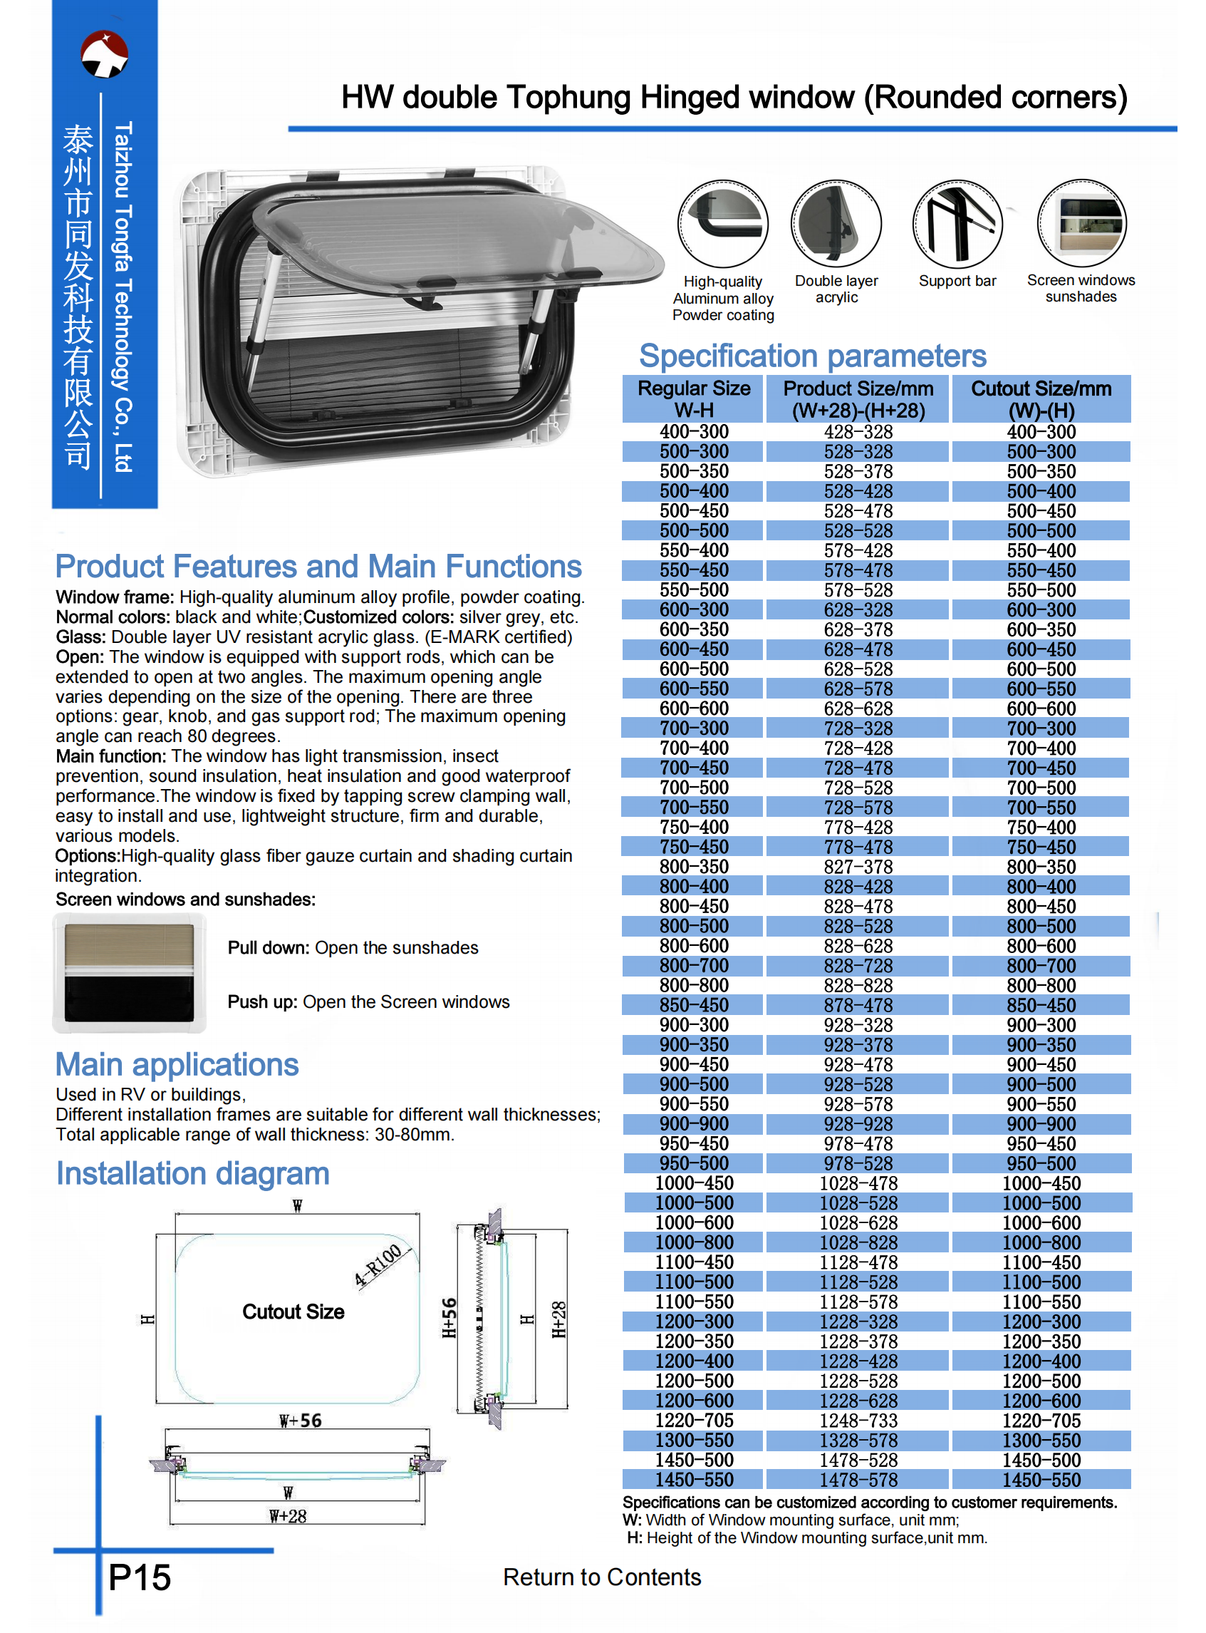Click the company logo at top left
pyautogui.click(x=105, y=54)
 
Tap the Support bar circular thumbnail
pyautogui.click(x=957, y=224)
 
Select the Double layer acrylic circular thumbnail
pyautogui.click(x=836, y=224)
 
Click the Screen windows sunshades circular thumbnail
pyautogui.click(x=1081, y=223)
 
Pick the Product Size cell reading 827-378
pyautogui.click(x=858, y=867)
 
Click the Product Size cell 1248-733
pyautogui.click(x=858, y=1421)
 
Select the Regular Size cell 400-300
pyautogui.click(x=694, y=432)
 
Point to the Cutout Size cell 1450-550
pyautogui.click(x=1041, y=1480)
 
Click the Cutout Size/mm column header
pyautogui.click(x=1041, y=398)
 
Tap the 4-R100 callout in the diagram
pyautogui.click(x=379, y=1264)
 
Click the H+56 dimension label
pyautogui.click(x=449, y=1317)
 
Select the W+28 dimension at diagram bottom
pyautogui.click(x=288, y=1516)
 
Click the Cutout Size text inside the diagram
pyautogui.click(x=293, y=1312)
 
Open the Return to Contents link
pyautogui.click(x=601, y=1577)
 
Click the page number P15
pyautogui.click(x=140, y=1577)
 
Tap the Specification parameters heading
pyautogui.click(x=812, y=356)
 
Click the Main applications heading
pyautogui.click(x=177, y=1064)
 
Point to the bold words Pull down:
pyautogui.click(x=269, y=947)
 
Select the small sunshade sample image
pyautogui.click(x=129, y=973)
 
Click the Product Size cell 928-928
pyautogui.click(x=858, y=1124)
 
